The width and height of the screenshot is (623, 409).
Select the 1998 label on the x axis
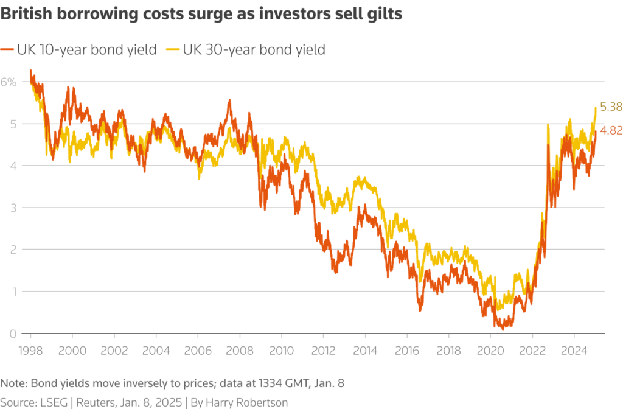click(x=30, y=351)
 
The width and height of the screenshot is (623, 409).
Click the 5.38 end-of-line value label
click(x=610, y=107)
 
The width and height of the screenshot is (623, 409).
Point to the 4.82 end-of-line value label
click(x=610, y=130)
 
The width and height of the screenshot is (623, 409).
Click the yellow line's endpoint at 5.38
click(x=595, y=108)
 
